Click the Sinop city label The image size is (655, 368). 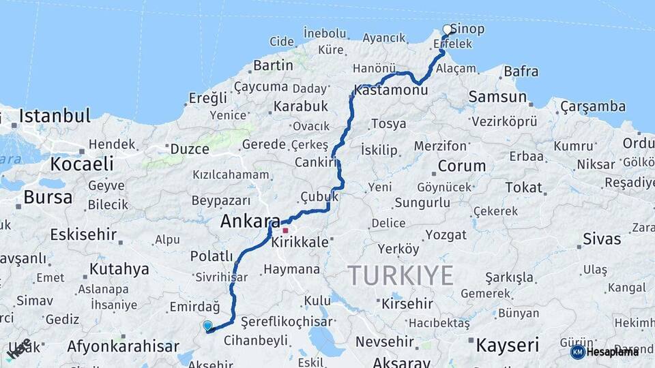[x=468, y=29]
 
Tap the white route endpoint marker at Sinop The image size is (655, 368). [x=448, y=29]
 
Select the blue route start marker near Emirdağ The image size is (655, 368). [x=207, y=326]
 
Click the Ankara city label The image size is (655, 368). [x=250, y=221]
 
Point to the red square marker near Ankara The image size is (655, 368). [x=285, y=230]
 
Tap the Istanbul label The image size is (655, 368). [x=55, y=116]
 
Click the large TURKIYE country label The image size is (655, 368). [x=401, y=276]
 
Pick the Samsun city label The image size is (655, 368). [x=497, y=97]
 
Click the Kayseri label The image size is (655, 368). [x=507, y=345]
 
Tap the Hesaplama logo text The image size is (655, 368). [x=613, y=352]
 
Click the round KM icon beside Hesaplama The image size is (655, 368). [x=577, y=352]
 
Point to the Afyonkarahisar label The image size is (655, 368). [x=123, y=346]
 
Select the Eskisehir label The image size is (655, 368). [x=83, y=235]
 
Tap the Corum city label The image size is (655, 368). [x=462, y=166]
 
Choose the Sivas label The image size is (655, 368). [x=602, y=239]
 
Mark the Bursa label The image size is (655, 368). [x=48, y=198]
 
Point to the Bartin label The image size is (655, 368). [x=273, y=66]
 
